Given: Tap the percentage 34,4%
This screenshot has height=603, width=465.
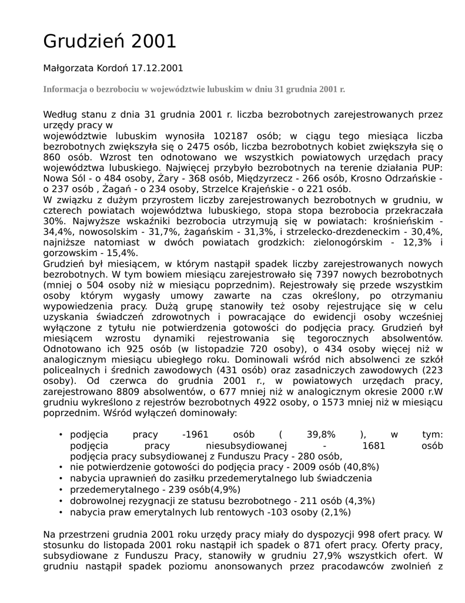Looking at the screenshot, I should [x=58, y=232].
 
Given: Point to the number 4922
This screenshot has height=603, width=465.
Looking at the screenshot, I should [x=263, y=403].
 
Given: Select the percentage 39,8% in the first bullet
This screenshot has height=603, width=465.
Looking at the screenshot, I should [x=321, y=435].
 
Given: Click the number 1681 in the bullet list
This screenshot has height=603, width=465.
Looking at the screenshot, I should [x=373, y=446].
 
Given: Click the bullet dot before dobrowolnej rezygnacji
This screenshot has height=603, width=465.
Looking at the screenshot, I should [x=61, y=501].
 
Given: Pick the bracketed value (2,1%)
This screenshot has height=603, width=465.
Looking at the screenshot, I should [x=335, y=512].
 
